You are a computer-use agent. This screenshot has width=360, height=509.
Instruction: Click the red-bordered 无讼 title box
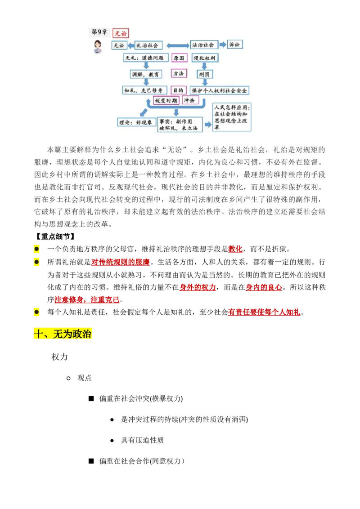tap(121, 33)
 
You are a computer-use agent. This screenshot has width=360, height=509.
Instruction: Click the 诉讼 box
tap(234, 45)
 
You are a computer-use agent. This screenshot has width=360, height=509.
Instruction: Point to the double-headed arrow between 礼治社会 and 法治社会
tap(178, 45)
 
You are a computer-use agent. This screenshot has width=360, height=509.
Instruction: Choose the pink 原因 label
tap(179, 58)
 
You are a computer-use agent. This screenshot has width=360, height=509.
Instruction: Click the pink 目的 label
tap(179, 90)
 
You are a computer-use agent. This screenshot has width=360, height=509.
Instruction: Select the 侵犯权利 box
tap(205, 58)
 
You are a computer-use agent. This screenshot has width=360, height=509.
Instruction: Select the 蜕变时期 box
tap(166, 101)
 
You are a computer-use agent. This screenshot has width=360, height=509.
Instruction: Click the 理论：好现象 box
tap(135, 122)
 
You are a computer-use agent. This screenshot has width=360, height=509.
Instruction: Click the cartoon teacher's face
tap(98, 45)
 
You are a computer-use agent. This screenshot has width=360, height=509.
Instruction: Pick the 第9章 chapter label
tap(99, 32)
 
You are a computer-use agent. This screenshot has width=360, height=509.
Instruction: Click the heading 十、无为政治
tap(63, 334)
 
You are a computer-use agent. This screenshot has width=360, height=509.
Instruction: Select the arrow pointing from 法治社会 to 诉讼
tap(222, 45)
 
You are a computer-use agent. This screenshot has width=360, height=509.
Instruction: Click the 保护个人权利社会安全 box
tap(220, 90)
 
